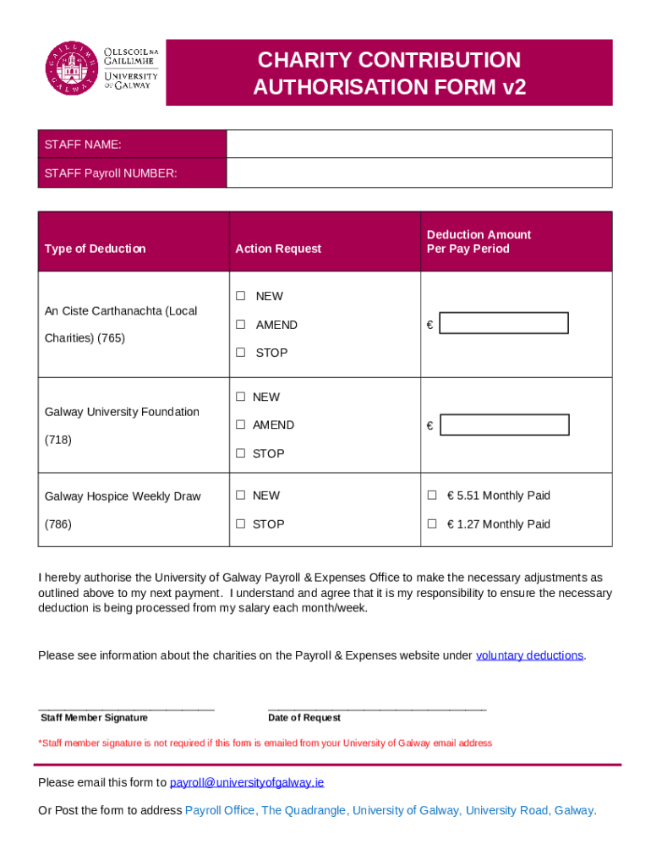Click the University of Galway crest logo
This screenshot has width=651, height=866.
point(72,69)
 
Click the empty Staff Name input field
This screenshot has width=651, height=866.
point(418,144)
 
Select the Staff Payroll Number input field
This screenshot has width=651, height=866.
point(418,173)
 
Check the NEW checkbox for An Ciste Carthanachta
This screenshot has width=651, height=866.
point(241,296)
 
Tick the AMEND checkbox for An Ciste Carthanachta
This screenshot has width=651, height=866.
point(241,325)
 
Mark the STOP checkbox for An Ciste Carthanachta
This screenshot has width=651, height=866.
point(241,353)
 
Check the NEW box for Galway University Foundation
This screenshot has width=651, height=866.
point(241,397)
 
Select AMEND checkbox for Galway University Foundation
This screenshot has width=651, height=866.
point(241,425)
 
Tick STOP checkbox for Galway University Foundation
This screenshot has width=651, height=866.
point(241,453)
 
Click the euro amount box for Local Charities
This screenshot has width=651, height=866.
point(504,324)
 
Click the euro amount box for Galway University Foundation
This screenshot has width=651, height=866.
point(505,425)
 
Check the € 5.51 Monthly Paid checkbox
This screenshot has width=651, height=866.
point(432,496)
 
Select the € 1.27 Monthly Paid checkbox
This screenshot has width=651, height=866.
point(432,524)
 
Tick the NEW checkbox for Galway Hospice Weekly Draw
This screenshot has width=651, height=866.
point(241,496)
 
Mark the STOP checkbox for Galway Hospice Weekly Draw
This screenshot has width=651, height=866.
point(241,524)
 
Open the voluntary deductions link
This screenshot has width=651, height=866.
point(529,655)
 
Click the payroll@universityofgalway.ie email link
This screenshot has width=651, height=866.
point(247,782)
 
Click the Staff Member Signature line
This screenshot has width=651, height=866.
point(126,707)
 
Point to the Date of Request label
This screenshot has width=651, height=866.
point(304,718)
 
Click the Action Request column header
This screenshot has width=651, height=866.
point(278,249)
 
